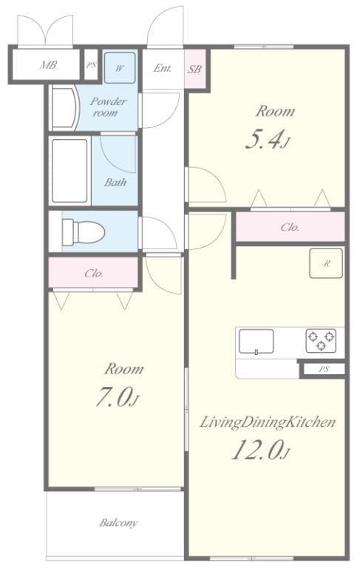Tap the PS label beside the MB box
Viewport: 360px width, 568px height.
pyautogui.click(x=91, y=65)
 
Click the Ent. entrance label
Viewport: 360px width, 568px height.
pyautogui.click(x=163, y=68)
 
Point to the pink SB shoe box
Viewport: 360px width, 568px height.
pyautogui.click(x=195, y=69)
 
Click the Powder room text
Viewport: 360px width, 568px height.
pyautogui.click(x=109, y=106)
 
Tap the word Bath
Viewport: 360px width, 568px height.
pyautogui.click(x=115, y=182)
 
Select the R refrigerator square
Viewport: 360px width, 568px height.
pyautogui.click(x=325, y=263)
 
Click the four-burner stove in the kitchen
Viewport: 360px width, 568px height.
pyautogui.click(x=322, y=340)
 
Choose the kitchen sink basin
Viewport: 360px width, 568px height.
pyautogui.click(x=256, y=341)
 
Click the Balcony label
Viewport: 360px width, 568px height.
pyautogui.click(x=118, y=523)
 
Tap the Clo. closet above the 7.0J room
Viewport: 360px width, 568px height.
pyautogui.click(x=94, y=272)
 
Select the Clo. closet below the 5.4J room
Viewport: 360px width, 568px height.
pyautogui.click(x=290, y=227)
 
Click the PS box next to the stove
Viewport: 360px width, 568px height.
pyautogui.click(x=323, y=369)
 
